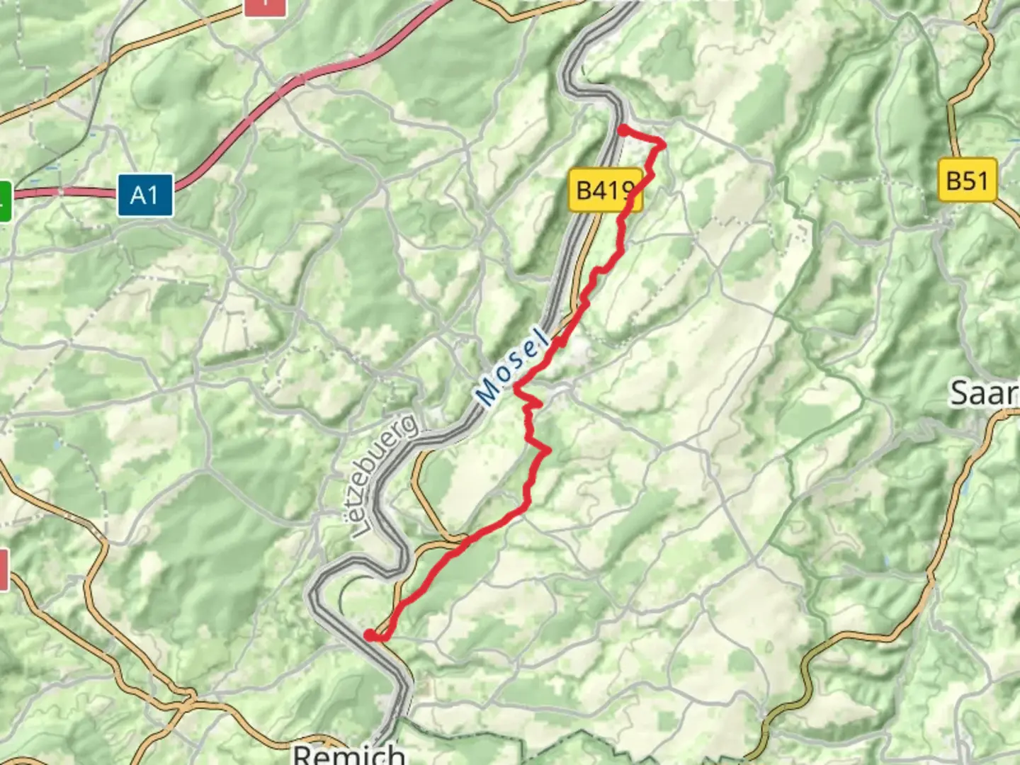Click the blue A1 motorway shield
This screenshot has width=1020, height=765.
point(144,195)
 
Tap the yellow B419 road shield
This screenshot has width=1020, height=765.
point(605,190)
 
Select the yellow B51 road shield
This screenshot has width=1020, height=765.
point(967,180)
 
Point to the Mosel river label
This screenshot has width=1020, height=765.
point(513,367)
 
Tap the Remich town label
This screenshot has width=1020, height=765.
point(348,754)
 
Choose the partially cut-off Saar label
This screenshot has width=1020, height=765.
point(985,392)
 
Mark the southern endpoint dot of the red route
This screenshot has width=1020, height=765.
point(369,635)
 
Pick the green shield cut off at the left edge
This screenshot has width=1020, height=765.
point(6,201)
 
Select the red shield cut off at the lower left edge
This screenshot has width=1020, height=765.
point(4,569)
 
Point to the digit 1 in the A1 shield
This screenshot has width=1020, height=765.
point(154,195)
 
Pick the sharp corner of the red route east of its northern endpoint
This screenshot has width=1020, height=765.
point(663,144)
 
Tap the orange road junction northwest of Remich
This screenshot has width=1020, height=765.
point(186,704)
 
